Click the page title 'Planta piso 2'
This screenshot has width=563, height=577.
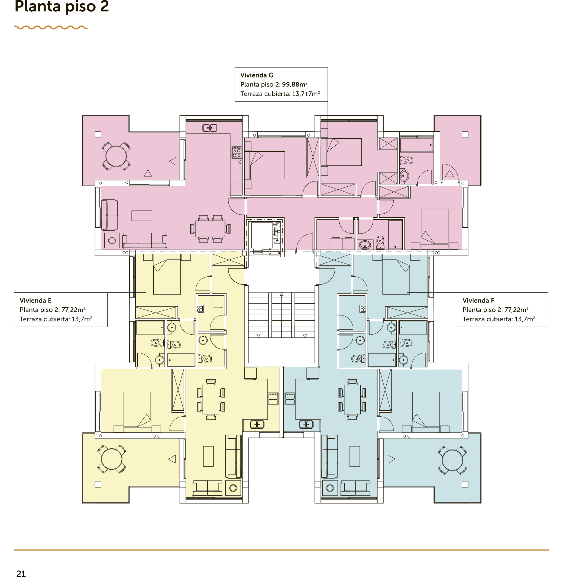pyautogui.click(x=62, y=6)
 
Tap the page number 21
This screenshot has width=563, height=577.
pyautogui.click(x=21, y=573)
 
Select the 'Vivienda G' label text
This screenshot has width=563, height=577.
pyautogui.click(x=257, y=75)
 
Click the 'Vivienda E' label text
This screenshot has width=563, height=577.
pyautogui.click(x=35, y=301)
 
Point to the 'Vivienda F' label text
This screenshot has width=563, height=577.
pyautogui.click(x=478, y=301)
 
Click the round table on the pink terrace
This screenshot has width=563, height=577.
pyautogui.click(x=116, y=156)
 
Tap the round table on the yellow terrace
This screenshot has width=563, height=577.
pyautogui.click(x=112, y=459)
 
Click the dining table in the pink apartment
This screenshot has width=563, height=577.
pyautogui.click(x=210, y=229)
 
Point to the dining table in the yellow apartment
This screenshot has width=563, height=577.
pyautogui.click(x=211, y=399)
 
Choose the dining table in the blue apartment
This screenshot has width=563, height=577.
pyautogui.click(x=352, y=399)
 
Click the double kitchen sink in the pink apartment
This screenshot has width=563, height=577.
pyautogui.click(x=210, y=128)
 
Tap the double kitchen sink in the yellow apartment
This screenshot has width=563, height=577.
pyautogui.click(x=257, y=424)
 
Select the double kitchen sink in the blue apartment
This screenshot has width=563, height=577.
pyautogui.click(x=306, y=424)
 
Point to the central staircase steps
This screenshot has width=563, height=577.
pyautogui.click(x=281, y=315)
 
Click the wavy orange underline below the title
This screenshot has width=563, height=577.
pyautogui.click(x=51, y=27)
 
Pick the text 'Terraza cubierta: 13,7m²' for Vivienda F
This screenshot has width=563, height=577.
pyautogui.click(x=499, y=319)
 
